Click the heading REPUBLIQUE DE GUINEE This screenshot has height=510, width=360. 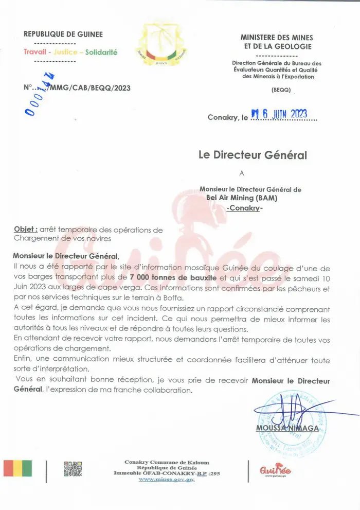pyautogui.click(x=63, y=34)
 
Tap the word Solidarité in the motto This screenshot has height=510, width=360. pyautogui.click(x=101, y=52)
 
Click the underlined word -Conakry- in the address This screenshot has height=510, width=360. pyautogui.click(x=244, y=208)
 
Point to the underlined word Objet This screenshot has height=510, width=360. pyautogui.click(x=26, y=230)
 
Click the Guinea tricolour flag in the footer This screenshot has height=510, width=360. pyautogui.click(x=17, y=468)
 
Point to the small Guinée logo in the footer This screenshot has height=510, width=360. pyautogui.click(x=276, y=469)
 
